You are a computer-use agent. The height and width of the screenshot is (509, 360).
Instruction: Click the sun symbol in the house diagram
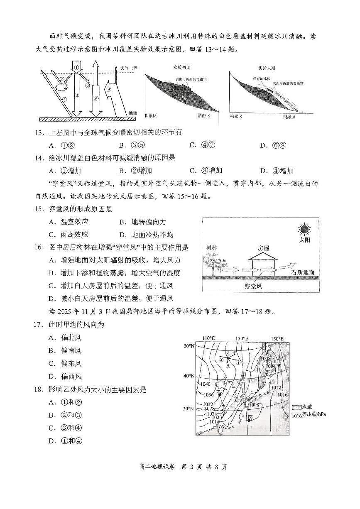[x=304, y=229]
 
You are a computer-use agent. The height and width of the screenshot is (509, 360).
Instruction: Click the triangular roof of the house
[x=263, y=257]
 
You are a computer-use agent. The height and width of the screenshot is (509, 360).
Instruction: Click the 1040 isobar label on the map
[x=206, y=384]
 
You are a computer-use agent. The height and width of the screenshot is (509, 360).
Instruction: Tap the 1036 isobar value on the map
[x=209, y=394]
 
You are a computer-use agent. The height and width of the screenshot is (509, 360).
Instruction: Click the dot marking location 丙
[x=249, y=421]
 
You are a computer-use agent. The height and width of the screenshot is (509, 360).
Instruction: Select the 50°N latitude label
[x=189, y=346]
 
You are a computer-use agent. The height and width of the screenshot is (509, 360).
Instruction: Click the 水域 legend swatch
[x=296, y=407]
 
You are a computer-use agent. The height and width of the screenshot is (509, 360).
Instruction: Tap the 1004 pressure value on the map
[x=271, y=366]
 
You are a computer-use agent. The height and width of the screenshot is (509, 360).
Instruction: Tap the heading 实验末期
[x=268, y=67]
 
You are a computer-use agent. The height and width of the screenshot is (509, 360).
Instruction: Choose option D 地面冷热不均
[x=143, y=234]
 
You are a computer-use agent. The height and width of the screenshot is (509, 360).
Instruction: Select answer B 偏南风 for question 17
[x=66, y=350]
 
